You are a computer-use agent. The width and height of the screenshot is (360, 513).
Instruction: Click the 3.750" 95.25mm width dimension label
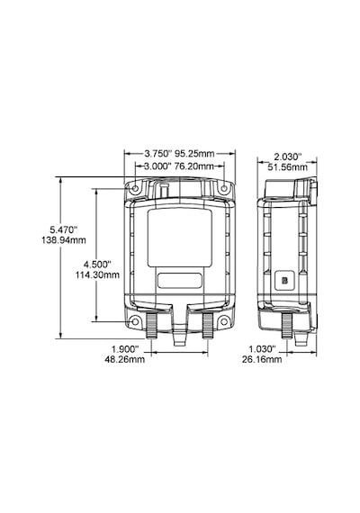point(179,153)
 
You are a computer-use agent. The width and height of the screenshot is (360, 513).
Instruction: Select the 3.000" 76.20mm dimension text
point(179,166)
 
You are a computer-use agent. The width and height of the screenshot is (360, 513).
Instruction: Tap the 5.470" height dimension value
point(64,229)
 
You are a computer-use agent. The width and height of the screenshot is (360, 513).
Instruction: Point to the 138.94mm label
point(64,240)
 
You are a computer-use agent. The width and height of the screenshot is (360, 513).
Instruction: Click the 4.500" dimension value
point(97,264)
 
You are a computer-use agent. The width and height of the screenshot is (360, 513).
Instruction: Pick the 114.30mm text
point(97,275)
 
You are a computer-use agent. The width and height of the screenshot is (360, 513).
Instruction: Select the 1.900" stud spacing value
point(125,348)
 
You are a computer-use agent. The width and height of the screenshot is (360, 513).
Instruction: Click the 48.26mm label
point(125,359)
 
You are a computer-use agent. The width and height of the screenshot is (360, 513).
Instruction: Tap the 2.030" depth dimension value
point(288,156)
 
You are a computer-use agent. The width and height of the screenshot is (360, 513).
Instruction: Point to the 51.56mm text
point(288,167)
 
